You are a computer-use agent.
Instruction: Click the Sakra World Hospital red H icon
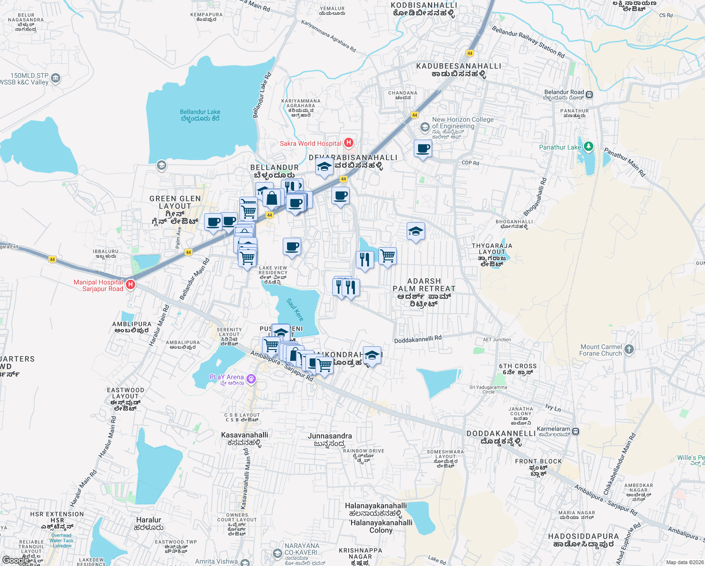pos(349,142)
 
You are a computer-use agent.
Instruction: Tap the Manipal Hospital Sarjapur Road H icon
pos(131,285)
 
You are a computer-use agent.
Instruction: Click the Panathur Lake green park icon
pos(588,147)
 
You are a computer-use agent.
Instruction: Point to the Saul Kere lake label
pos(295,310)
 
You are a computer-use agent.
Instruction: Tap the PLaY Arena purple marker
pos(251,378)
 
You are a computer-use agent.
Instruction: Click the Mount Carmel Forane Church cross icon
pos(629,350)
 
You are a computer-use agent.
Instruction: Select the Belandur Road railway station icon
pos(589,95)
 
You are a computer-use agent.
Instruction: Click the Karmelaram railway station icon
pos(575,431)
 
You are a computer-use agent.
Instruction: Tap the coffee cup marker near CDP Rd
pos(423,149)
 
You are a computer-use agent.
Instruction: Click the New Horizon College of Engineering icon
pos(425,127)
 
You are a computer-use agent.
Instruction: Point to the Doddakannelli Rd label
pos(418,339)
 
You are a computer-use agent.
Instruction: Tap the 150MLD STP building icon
pos(56,78)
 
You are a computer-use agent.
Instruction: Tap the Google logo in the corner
pos(15,560)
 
